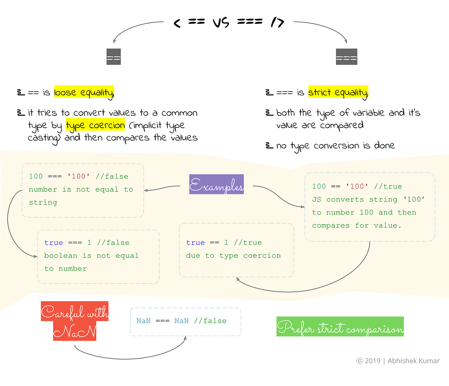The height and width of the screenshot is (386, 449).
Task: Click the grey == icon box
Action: tap(113, 57)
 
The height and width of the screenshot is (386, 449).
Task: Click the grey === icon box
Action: tap(346, 57)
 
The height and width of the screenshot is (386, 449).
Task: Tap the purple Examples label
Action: tap(216, 185)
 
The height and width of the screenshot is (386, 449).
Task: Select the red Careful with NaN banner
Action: tap(74, 321)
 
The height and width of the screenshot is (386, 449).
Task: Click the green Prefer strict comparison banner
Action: tap(340, 327)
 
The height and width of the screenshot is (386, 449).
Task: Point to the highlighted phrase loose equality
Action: tap(84, 92)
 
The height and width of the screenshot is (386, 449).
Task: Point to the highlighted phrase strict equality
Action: tap(338, 92)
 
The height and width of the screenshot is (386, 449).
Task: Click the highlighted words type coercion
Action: tap(95, 125)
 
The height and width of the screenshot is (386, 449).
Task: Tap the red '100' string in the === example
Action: tap(79, 176)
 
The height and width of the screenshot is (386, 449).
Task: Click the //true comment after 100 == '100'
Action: tap(388, 186)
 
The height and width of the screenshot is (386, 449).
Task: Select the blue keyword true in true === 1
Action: tap(54, 243)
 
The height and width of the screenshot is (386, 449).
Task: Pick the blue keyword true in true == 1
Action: tap(195, 243)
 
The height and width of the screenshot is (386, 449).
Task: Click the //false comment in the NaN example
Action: tap(210, 321)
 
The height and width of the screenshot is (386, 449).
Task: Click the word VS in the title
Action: tap(221, 23)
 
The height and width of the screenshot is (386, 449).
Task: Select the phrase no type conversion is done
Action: tap(335, 146)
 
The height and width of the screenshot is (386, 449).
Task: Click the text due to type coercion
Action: tap(233, 256)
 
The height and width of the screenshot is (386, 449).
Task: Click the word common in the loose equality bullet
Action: tap(179, 113)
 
